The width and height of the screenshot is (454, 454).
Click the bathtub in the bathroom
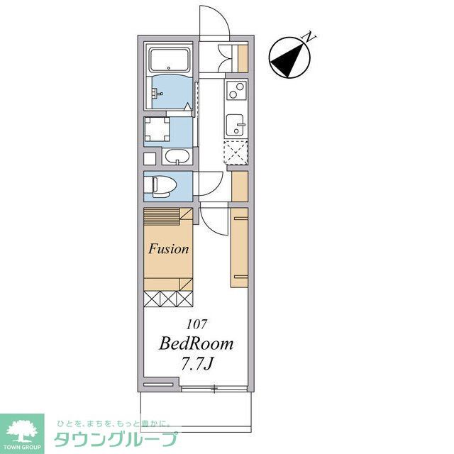(x=169, y=60)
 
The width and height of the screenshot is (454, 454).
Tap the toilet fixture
(x=160, y=187)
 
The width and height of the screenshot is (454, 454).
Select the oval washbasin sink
(x=177, y=157)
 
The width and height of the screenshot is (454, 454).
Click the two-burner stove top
(x=236, y=90)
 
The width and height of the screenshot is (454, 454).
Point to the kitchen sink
(x=235, y=125)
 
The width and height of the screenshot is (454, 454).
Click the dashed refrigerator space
(x=236, y=153)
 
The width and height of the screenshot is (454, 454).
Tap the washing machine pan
(x=157, y=129)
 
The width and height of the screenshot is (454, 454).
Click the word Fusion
(x=169, y=249)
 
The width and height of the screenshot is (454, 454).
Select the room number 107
(x=197, y=324)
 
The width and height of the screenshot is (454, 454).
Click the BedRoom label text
(x=196, y=343)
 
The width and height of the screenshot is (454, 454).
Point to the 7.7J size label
(x=197, y=364)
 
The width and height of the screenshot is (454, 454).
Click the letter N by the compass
(x=309, y=37)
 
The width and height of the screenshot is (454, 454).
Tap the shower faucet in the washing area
(x=157, y=93)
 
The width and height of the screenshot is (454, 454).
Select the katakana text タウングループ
(x=116, y=438)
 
